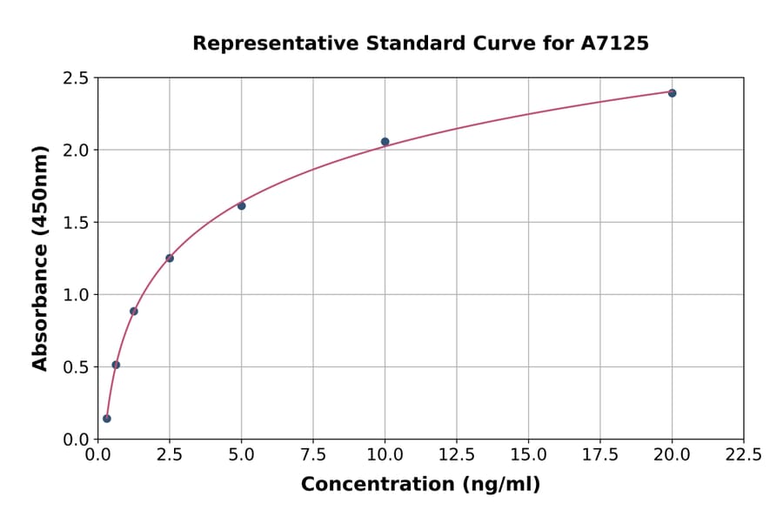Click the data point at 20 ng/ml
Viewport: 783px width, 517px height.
click(x=672, y=93)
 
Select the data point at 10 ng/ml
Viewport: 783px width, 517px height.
click(x=385, y=142)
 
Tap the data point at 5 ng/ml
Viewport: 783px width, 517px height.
click(x=241, y=205)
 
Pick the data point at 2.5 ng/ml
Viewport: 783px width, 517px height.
click(x=170, y=258)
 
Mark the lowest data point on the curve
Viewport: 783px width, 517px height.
click(x=107, y=419)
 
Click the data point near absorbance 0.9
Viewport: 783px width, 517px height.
click(x=134, y=311)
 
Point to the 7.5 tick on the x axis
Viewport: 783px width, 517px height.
click(x=313, y=455)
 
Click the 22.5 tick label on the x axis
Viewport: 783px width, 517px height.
click(x=743, y=455)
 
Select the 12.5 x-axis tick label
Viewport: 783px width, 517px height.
click(x=456, y=455)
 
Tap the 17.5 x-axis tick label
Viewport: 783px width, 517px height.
click(x=599, y=455)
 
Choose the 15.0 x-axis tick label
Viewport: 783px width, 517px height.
click(x=528, y=455)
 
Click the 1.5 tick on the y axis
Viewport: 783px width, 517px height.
click(x=77, y=223)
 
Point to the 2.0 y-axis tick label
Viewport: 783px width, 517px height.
click(x=77, y=151)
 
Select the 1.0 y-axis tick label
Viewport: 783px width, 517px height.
click(x=77, y=295)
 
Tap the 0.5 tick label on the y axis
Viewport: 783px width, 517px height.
click(x=77, y=367)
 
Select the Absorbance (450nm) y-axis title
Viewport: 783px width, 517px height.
click(x=40, y=258)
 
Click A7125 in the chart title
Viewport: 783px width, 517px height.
click(x=614, y=44)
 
